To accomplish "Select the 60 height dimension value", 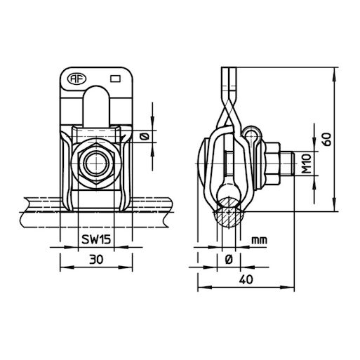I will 326,140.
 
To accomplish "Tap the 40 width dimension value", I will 244,279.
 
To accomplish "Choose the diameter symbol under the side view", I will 229,259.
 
